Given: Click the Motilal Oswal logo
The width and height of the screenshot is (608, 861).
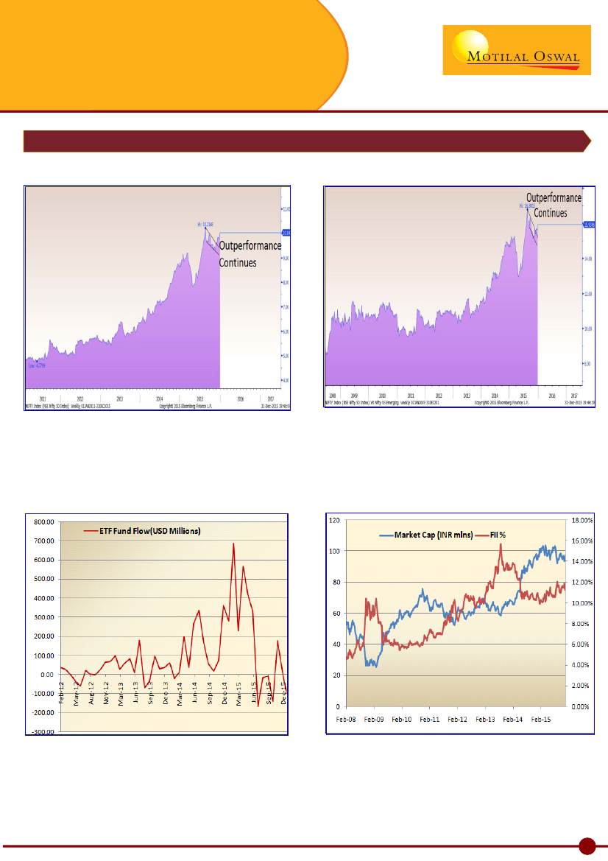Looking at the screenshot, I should pyautogui.click(x=516, y=50).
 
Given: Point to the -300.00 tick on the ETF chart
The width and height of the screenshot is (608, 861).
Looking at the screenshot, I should pyautogui.click(x=43, y=731).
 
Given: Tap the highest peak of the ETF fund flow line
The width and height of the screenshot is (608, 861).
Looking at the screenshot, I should pyautogui.click(x=233, y=544).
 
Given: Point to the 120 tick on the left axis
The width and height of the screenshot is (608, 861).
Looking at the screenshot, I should pyautogui.click(x=336, y=520).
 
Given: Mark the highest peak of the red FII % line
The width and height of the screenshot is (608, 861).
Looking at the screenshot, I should pyautogui.click(x=501, y=544).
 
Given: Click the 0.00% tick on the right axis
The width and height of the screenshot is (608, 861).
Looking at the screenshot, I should pyautogui.click(x=579, y=706).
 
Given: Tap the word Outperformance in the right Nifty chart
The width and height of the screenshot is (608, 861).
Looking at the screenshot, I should pyautogui.click(x=554, y=198).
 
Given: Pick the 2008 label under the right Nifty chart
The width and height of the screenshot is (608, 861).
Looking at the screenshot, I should pyautogui.click(x=332, y=395).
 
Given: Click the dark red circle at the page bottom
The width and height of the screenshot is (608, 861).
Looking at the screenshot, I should pyautogui.click(x=587, y=846).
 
